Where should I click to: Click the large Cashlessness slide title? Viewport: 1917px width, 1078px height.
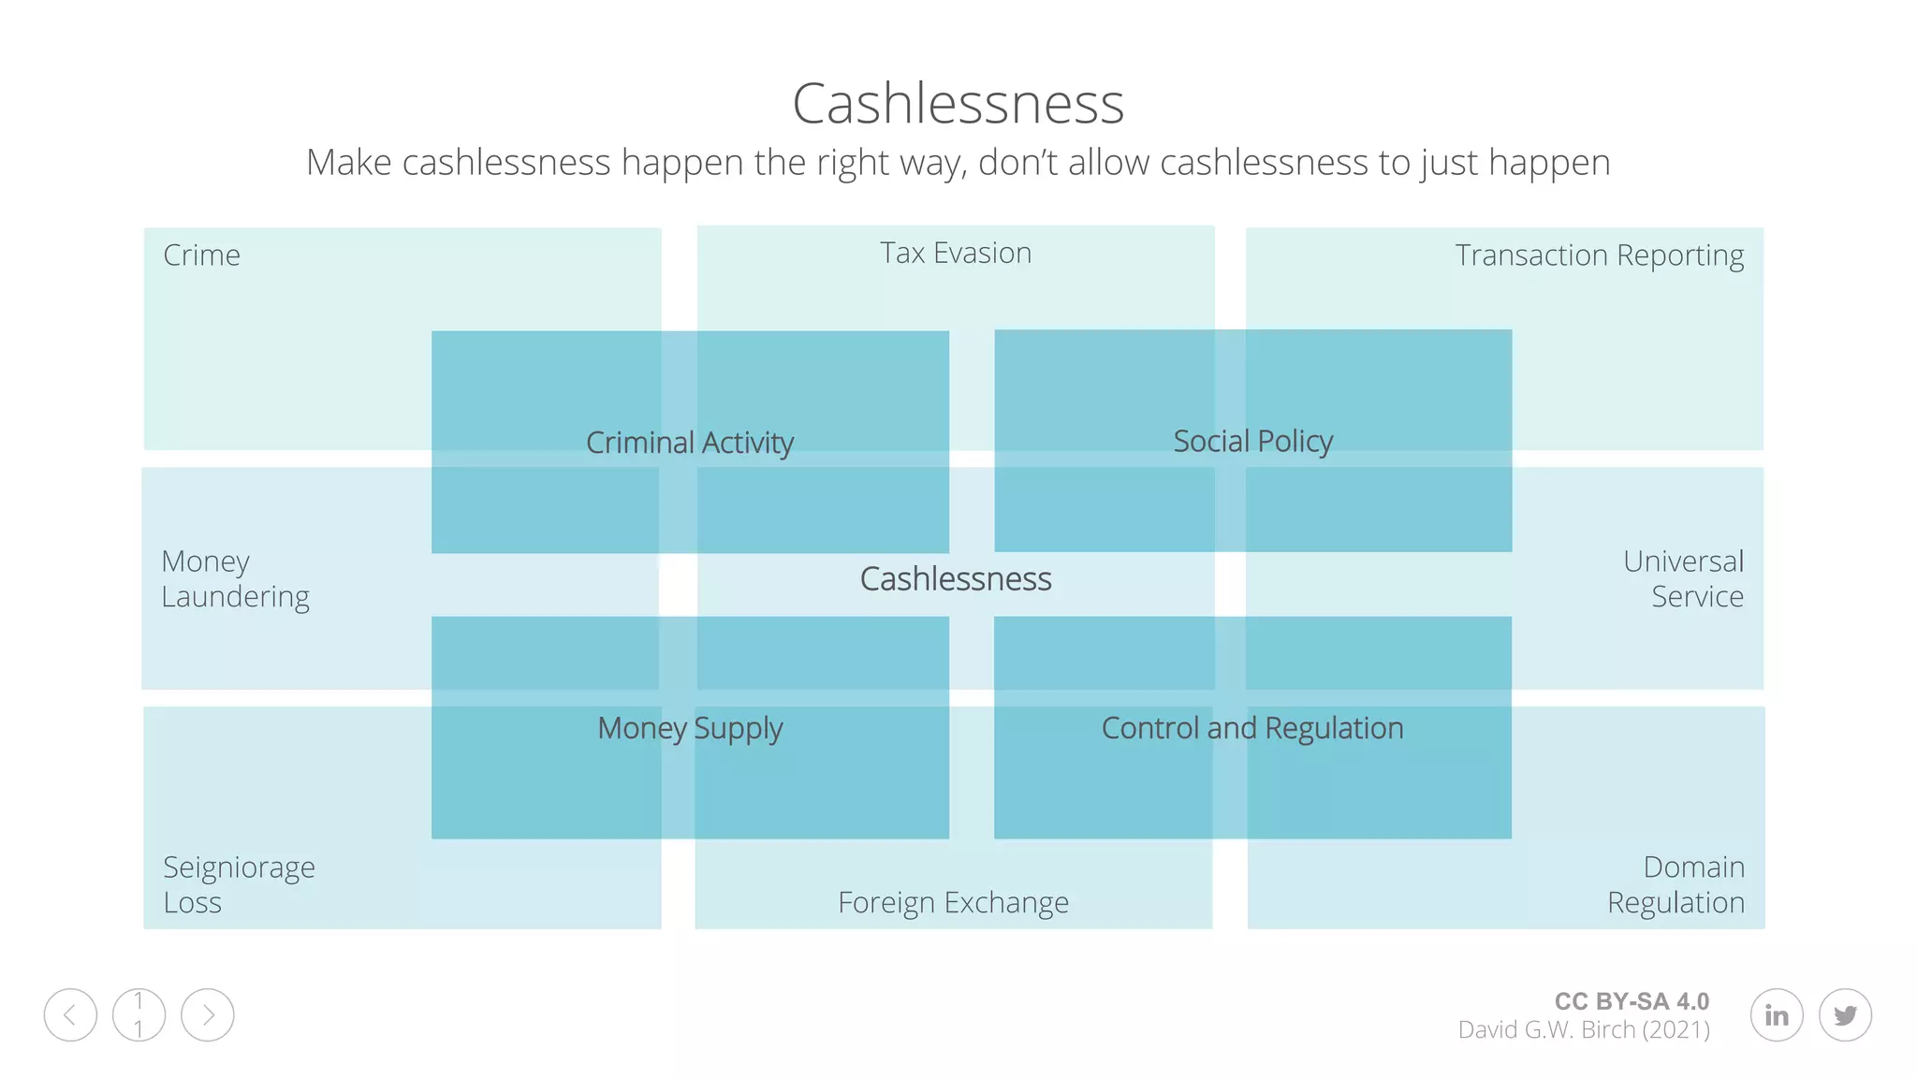[958, 103]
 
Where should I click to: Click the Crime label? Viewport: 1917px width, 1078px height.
[201, 255]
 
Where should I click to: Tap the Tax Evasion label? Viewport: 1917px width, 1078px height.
[956, 253]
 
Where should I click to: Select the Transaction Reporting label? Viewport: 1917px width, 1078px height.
[1599, 255]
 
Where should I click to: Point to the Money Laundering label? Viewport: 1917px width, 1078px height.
[235, 578]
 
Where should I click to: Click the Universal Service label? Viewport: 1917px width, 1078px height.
[1683, 578]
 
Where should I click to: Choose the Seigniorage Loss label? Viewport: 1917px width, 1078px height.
[239, 884]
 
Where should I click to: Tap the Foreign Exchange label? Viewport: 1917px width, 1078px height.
[953, 902]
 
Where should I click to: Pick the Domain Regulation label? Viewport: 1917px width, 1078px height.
[1676, 884]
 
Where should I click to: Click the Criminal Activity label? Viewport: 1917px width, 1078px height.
[690, 442]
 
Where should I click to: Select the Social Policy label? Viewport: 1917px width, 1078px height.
[1252, 441]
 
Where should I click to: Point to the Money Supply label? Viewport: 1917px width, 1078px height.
[690, 728]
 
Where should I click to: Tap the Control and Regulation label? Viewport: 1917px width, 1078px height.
[1252, 728]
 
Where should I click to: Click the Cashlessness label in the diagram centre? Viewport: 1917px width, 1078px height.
[956, 578]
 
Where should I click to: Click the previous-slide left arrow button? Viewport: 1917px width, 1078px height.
[70, 1014]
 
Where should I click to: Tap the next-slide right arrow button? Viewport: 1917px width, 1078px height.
[208, 1014]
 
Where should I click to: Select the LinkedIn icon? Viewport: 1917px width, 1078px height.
[1777, 1014]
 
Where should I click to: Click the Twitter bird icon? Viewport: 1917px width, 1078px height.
[1845, 1014]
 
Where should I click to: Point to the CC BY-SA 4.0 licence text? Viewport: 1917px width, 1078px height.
[1632, 1001]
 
